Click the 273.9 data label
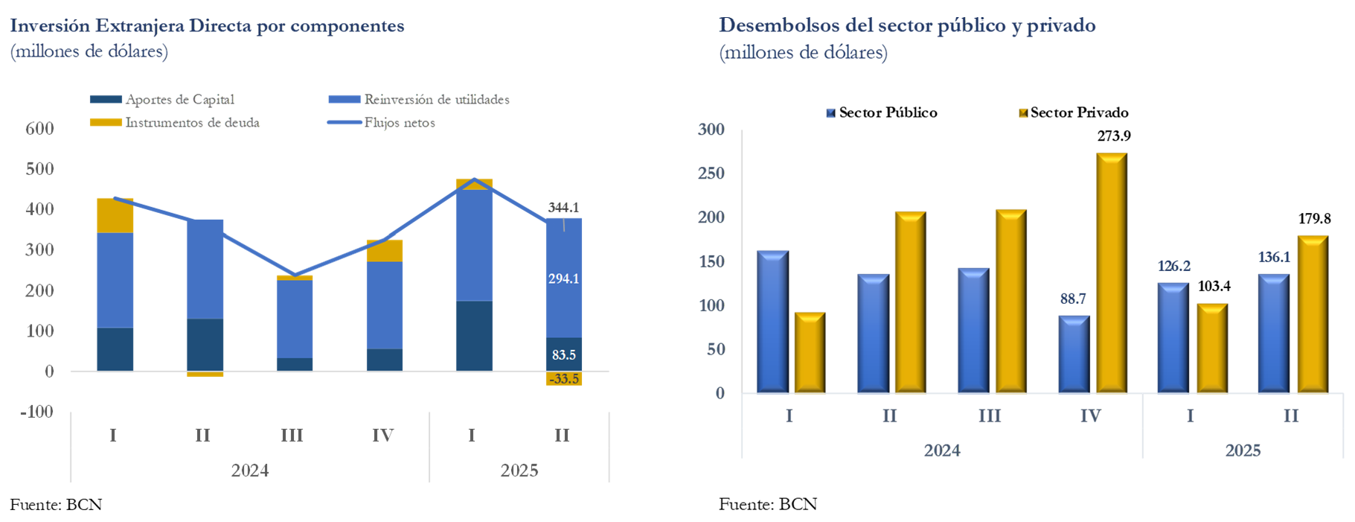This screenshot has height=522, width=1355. [x=1113, y=136]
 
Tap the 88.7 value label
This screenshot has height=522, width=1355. [x=1073, y=299]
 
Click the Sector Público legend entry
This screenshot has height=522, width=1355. [x=882, y=113]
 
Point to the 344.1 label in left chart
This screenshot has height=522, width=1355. [x=563, y=208]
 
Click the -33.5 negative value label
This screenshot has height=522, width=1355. [x=564, y=379]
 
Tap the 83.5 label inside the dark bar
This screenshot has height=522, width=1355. [x=564, y=355]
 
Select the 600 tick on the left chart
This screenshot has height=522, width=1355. [x=40, y=128]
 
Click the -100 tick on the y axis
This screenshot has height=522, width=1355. [x=36, y=412]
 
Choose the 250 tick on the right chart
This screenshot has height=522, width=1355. [x=711, y=174]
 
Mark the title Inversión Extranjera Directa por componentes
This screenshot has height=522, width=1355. [x=208, y=26]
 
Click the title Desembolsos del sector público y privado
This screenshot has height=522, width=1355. [x=907, y=26]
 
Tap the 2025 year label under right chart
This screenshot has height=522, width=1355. [x=1243, y=451]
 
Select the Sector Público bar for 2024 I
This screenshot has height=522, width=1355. [x=772, y=322]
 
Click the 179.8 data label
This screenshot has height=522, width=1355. [x=1314, y=219]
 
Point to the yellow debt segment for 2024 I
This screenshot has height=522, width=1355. [x=115, y=216]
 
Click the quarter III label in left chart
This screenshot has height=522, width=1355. [x=292, y=436]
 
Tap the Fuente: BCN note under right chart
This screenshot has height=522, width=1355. [x=768, y=505]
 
